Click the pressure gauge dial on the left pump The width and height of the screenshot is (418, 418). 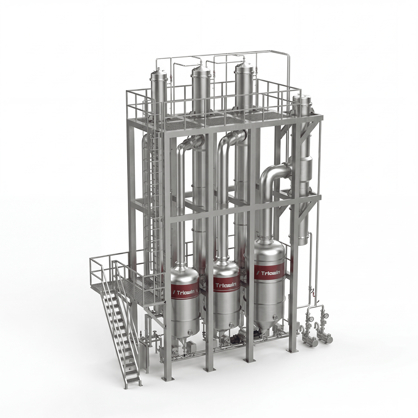tap(311, 319)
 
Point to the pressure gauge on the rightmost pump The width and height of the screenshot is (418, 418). tap(326, 316)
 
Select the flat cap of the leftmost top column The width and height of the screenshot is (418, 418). tap(158, 72)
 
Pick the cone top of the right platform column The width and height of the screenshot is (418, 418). tap(243, 66)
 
